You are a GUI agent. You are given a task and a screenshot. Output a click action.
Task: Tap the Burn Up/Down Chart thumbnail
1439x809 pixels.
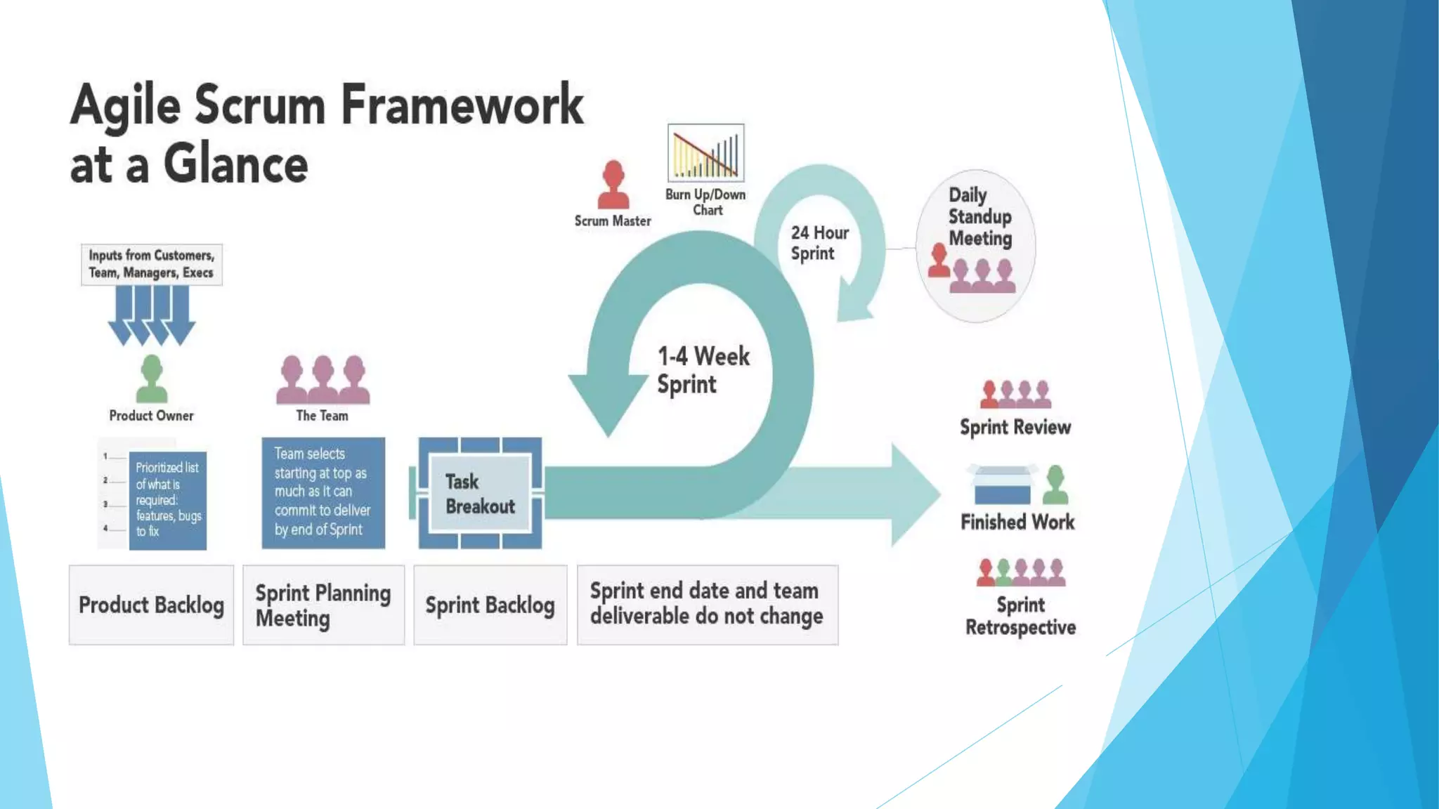705,153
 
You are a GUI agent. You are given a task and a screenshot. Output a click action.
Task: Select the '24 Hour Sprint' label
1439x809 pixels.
819,243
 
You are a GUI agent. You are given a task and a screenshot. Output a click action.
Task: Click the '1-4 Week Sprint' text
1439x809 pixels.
703,370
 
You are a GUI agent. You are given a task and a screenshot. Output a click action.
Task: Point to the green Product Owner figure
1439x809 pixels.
151,379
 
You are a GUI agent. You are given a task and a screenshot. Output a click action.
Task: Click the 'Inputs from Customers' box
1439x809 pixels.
152,264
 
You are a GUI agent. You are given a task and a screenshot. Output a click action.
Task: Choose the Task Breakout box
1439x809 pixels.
480,493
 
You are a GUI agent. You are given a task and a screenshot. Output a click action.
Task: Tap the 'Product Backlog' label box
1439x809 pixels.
151,605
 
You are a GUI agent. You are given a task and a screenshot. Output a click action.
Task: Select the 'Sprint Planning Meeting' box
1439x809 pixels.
323,605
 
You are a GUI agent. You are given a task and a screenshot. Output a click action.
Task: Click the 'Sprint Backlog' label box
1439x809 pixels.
490,605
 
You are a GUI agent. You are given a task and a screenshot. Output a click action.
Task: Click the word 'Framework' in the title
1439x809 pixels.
462,105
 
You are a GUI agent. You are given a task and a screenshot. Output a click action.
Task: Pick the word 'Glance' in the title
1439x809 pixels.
235,164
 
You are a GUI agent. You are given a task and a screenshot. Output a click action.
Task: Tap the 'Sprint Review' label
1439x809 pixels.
1015,427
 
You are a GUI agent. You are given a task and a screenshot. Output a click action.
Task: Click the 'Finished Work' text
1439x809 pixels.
1017,522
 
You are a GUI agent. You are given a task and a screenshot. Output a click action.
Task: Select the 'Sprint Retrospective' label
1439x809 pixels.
1020,616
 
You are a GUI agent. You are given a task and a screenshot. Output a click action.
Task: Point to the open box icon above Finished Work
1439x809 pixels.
1002,485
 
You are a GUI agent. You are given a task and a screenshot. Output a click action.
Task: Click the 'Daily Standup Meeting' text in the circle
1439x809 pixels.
979,216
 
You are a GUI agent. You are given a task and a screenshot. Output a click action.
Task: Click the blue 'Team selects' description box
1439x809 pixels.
323,492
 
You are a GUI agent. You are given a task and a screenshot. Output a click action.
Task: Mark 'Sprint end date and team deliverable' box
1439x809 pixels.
707,605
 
